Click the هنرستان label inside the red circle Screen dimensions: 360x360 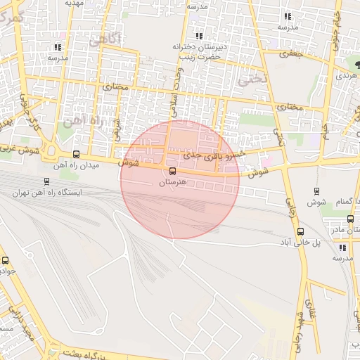[x=171, y=182]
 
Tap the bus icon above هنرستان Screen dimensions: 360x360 [x=172, y=170]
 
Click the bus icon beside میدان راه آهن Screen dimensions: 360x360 [x=76, y=155]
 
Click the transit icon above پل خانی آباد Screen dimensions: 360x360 [x=301, y=231]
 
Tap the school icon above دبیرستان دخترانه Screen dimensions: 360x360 [x=199, y=35]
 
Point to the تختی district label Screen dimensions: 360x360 [x=254, y=79]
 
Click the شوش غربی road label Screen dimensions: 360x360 [x=18, y=149]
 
